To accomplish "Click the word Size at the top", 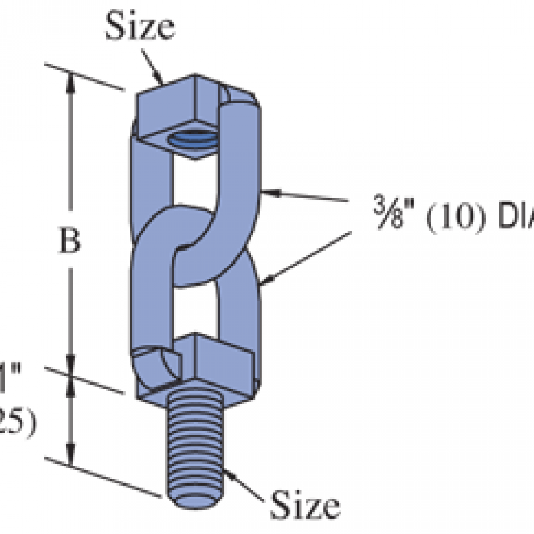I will click(x=139, y=27).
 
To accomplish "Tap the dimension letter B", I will click(x=70, y=242).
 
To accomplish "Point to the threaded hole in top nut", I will click(x=191, y=137).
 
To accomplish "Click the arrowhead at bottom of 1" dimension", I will click(x=71, y=457).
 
